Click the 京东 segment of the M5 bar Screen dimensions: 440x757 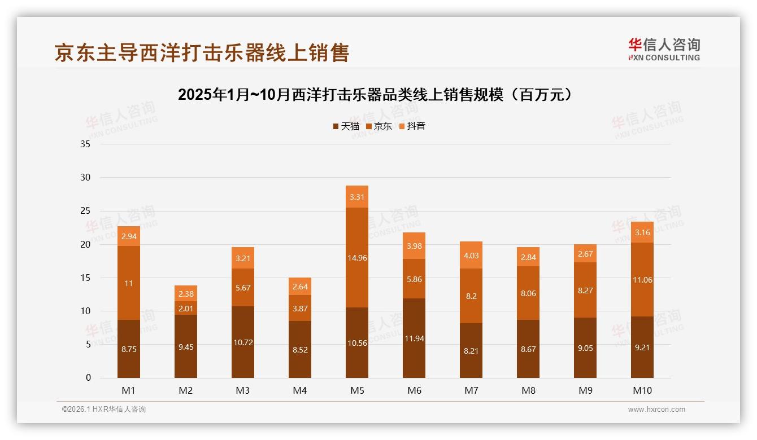[x=356, y=257]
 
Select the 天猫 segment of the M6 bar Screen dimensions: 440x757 [x=414, y=338]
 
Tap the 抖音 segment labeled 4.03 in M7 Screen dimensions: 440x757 [x=471, y=255]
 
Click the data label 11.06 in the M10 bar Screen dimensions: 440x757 [x=642, y=280]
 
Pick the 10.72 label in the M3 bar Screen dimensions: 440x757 [x=243, y=342]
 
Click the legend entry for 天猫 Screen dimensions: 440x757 [x=346, y=126]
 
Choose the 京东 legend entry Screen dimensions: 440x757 [x=379, y=126]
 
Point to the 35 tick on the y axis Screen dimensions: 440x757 [x=85, y=144]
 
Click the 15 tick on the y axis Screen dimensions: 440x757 [x=85, y=278]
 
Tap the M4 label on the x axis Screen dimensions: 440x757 [x=300, y=390]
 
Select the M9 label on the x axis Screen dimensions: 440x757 [x=585, y=390]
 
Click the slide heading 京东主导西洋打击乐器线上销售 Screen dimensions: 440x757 [x=202, y=52]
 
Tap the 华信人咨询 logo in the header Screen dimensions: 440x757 [x=664, y=49]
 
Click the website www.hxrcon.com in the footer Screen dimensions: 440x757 [x=656, y=410]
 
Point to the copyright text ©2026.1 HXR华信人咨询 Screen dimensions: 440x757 [x=103, y=410]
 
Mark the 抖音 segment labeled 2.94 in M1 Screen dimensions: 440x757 [x=129, y=236]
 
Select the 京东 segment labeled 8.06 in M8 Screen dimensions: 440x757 [x=528, y=293]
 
